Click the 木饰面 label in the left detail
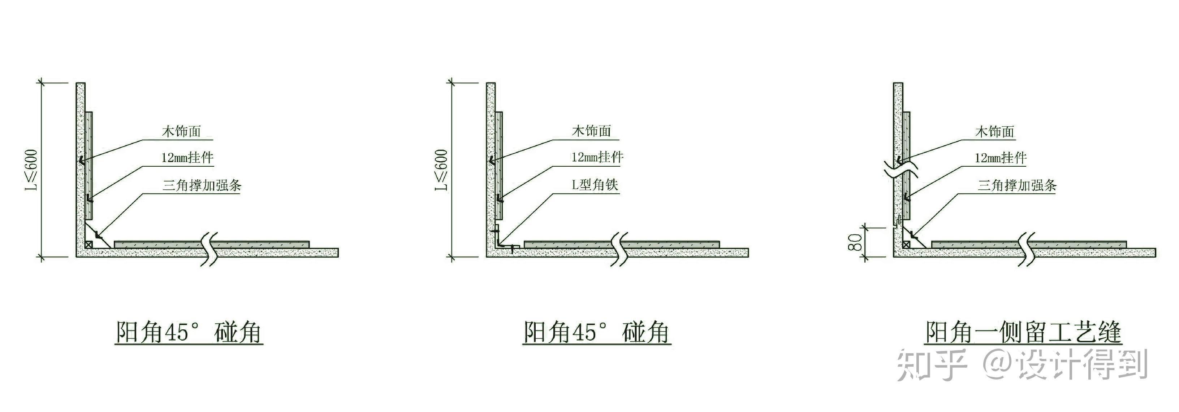coord(181,132)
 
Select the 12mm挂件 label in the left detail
coord(187,158)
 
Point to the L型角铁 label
coord(595,185)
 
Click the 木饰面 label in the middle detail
coord(591,131)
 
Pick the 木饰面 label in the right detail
coord(995,132)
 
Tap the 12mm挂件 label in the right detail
coord(1001,158)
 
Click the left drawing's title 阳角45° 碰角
coord(189,332)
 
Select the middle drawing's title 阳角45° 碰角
coord(597,332)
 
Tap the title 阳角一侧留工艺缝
coord(1023,332)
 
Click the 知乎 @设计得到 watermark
coord(1023,364)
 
